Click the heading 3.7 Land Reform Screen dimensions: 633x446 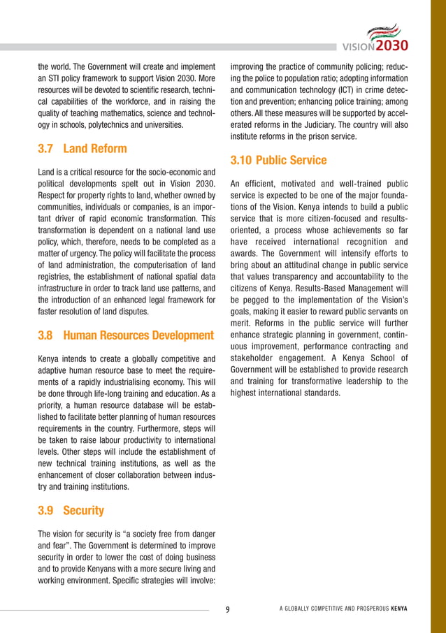pos(82,149)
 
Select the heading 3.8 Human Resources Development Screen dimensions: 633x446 pos(126,336)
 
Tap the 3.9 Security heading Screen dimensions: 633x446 pos(71,511)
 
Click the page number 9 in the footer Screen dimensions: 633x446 pos(228,609)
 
